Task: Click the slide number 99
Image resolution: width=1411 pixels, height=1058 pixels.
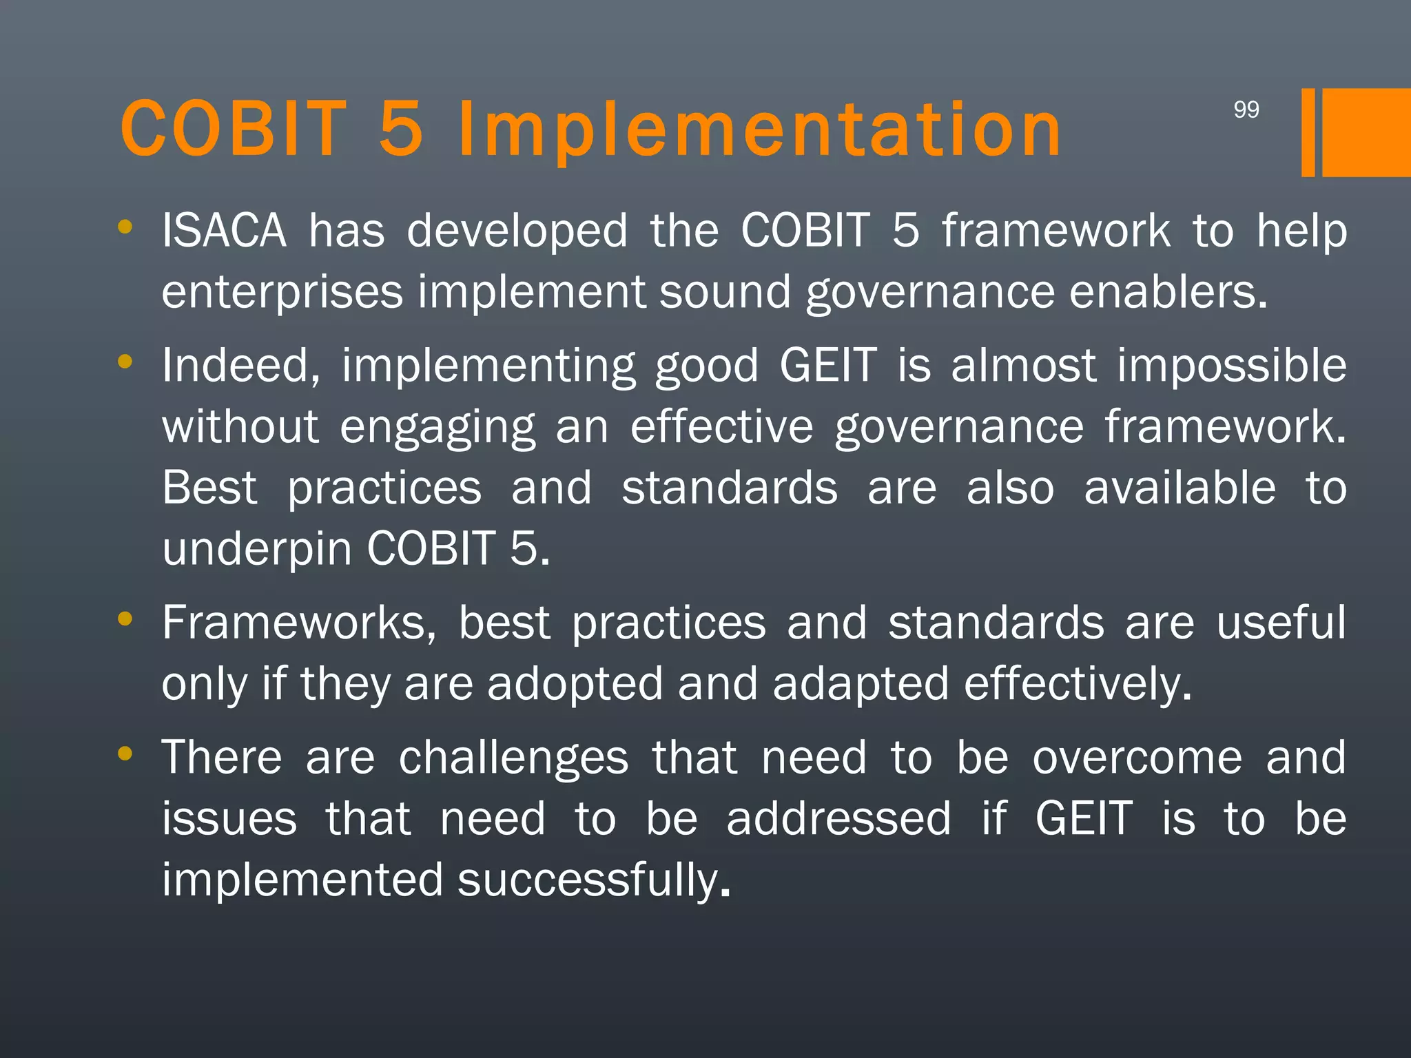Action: pos(1246,110)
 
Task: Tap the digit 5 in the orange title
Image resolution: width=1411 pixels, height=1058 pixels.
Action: pos(401,129)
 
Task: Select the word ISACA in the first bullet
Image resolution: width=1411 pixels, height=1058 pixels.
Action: pos(224,231)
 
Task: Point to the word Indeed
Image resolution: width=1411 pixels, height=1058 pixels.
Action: pos(241,365)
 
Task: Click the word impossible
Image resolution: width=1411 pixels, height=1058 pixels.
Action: pos(1231,365)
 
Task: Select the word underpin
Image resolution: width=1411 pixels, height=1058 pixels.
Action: pos(256,549)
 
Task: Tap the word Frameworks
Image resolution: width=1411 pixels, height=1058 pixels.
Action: pos(299,623)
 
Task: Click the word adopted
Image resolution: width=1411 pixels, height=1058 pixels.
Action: pos(575,684)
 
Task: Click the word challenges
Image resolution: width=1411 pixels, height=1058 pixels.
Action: pos(513,758)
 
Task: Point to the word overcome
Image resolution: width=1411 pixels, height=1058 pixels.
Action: pos(1137,758)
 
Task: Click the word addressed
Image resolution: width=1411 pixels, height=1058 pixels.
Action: pos(838,819)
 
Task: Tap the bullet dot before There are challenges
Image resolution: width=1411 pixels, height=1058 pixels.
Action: pos(125,754)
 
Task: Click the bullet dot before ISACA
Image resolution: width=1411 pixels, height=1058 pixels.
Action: pos(125,227)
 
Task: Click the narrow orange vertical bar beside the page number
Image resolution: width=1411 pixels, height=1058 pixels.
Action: pos(1308,132)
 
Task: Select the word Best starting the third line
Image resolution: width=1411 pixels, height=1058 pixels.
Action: pos(209,488)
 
